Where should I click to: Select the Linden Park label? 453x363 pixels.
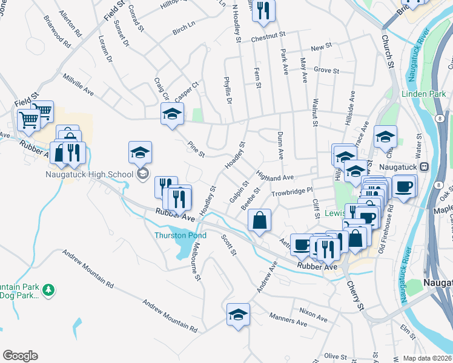tap(423, 94)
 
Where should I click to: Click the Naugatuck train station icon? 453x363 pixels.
tap(425, 166)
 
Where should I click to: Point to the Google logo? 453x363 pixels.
tap(20, 356)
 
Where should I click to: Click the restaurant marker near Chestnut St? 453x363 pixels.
tap(263, 11)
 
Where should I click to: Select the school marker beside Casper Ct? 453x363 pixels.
tap(172, 114)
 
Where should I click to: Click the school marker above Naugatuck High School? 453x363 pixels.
tap(140, 152)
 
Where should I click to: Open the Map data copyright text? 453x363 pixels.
tap(427, 358)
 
